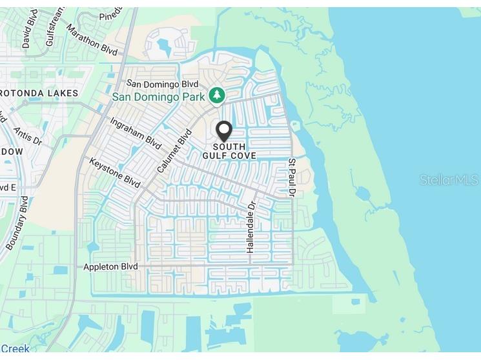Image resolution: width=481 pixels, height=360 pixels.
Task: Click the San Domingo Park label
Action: [x=158, y=97]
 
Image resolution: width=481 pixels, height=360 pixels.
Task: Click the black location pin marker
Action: [x=224, y=130]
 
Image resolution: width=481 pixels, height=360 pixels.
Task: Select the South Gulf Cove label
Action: [x=229, y=152]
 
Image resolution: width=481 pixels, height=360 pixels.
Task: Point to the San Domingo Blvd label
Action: [x=161, y=84]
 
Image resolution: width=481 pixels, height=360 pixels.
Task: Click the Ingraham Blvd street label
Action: [x=135, y=133]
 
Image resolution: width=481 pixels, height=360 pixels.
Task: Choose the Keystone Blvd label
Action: [x=114, y=173]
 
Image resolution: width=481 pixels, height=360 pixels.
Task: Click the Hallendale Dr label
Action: [x=251, y=226]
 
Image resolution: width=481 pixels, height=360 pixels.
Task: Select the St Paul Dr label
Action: [x=292, y=177]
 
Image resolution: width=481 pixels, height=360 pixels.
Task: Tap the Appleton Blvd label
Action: [x=112, y=266]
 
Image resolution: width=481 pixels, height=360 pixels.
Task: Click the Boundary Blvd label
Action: [x=17, y=223]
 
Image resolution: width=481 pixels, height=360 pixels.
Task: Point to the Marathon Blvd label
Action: [x=92, y=40]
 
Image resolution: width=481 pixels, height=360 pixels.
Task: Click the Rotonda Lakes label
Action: [x=39, y=94]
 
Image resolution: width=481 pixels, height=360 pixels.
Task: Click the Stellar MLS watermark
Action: [x=448, y=180]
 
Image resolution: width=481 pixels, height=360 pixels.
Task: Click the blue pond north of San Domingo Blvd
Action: [x=161, y=46]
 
